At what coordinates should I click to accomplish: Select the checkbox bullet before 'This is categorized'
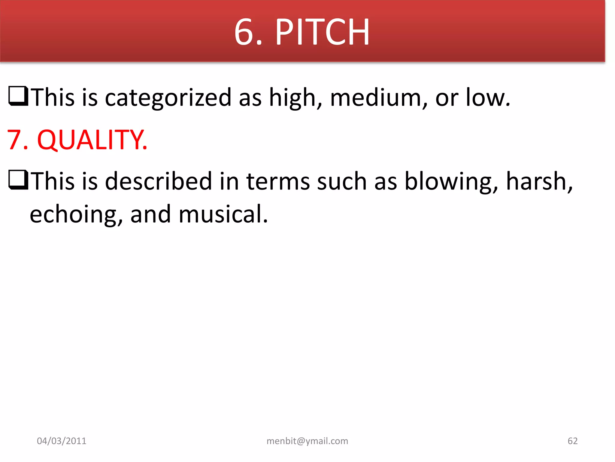point(18,96)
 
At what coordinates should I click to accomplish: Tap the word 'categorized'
point(168,98)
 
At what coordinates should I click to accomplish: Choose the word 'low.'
point(488,97)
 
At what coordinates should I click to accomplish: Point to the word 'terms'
point(278,181)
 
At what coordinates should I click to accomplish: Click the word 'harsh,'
point(539,181)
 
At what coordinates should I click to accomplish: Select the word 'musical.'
point(223,214)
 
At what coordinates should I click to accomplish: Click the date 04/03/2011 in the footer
point(62,441)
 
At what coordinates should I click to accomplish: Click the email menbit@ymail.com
point(307,441)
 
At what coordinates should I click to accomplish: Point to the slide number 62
point(572,441)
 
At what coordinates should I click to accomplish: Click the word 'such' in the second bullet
point(342,181)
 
